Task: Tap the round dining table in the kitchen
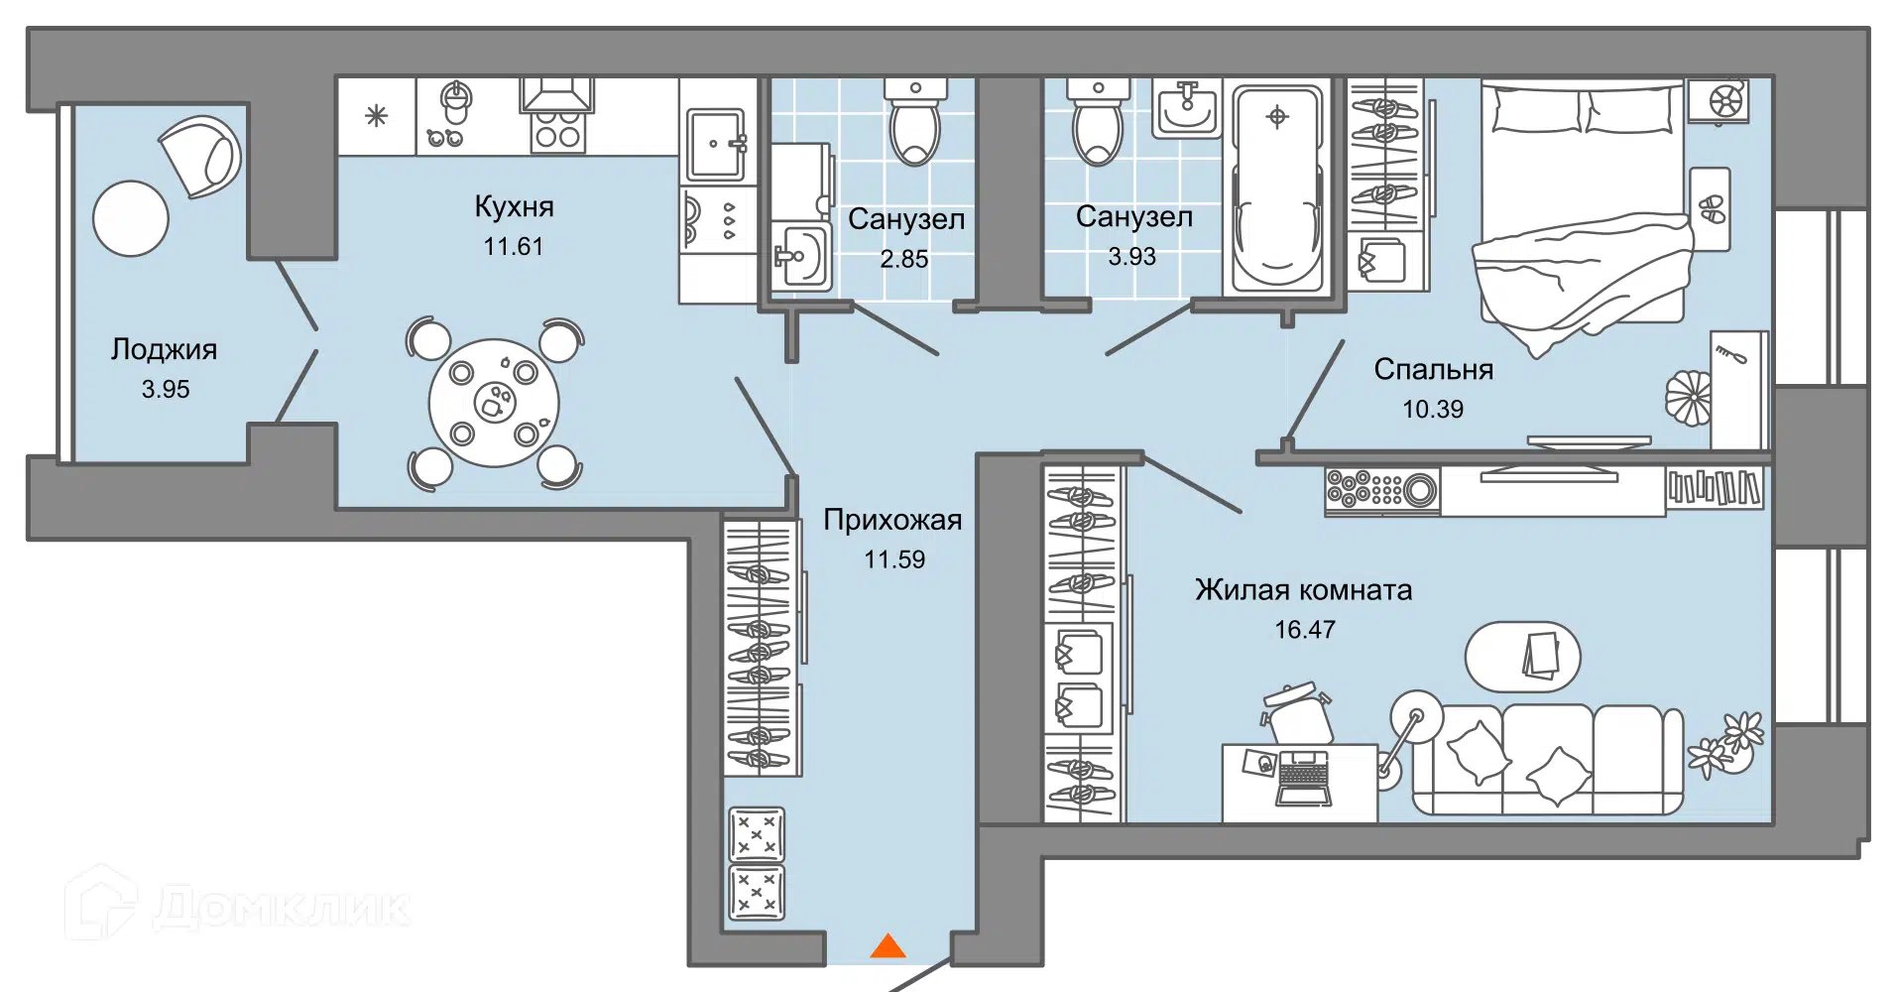click(x=494, y=403)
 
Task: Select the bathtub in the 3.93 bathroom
click(x=1277, y=187)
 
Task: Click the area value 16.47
click(x=1304, y=630)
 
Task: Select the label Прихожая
click(x=892, y=520)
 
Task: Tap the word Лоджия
click(x=164, y=349)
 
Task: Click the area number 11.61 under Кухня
click(x=513, y=246)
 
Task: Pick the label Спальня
click(x=1433, y=369)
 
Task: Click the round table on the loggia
click(x=131, y=218)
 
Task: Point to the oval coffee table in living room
click(x=1522, y=657)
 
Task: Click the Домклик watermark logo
click(x=238, y=905)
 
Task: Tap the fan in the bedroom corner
click(x=1724, y=100)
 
